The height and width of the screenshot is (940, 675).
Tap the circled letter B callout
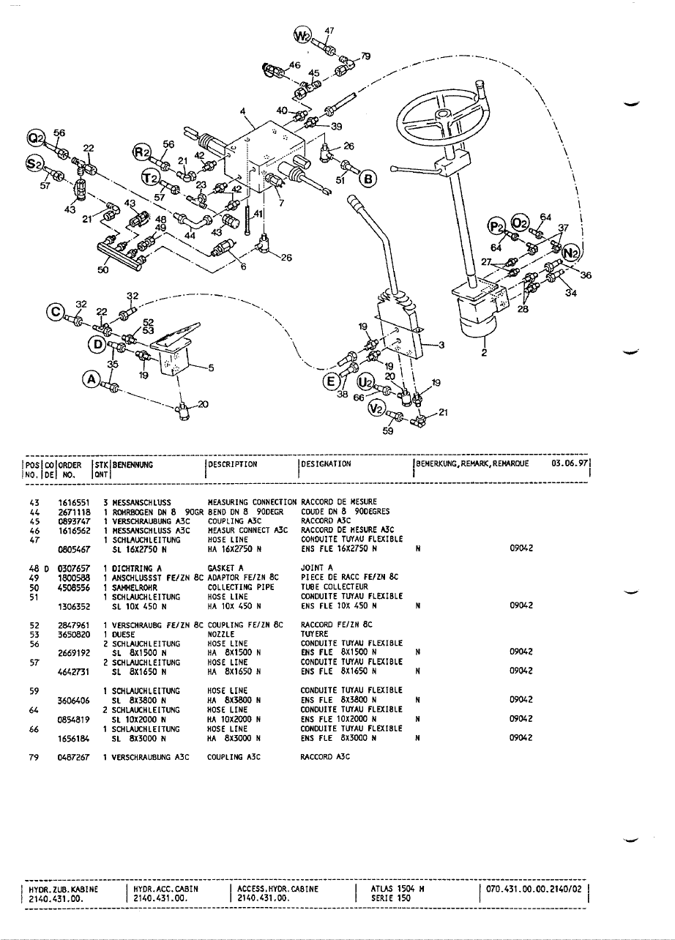(366, 179)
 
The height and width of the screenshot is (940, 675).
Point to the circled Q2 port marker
(35, 140)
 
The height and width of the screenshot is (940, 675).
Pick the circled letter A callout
(92, 378)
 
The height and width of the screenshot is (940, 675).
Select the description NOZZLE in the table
(220, 634)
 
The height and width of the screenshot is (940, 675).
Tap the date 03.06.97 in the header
(569, 463)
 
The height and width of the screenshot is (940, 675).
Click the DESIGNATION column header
(327, 463)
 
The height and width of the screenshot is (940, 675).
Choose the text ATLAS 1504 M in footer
(398, 889)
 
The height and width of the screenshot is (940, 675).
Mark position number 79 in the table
(33, 757)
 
